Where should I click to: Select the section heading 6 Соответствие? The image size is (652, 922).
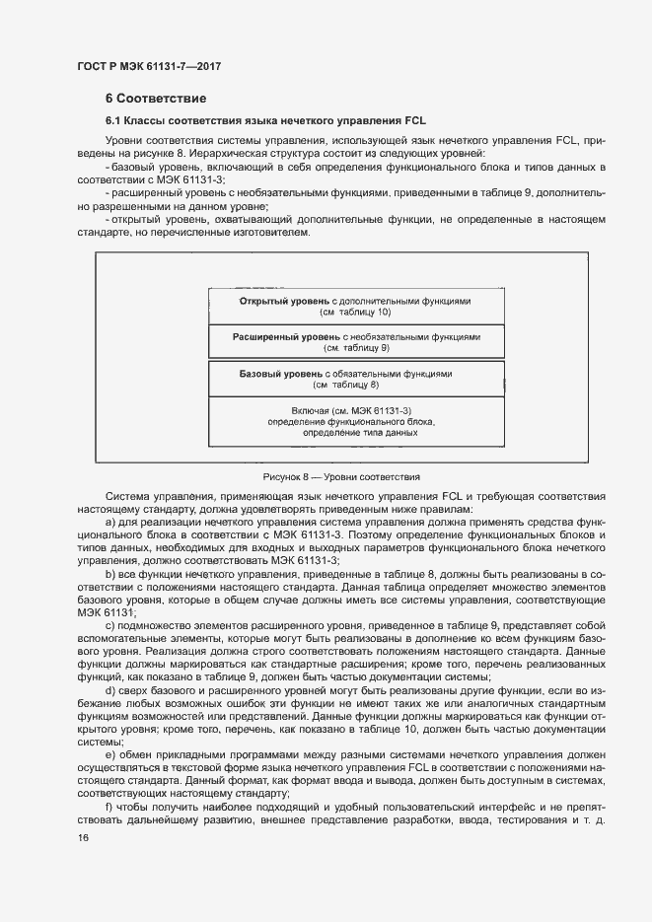coord(155,99)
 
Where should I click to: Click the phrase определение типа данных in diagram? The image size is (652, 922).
coord(353,433)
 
